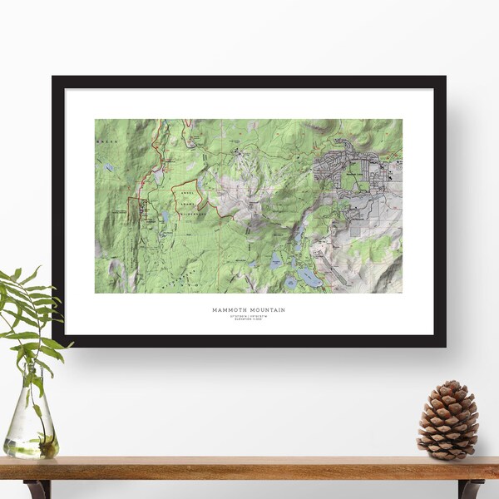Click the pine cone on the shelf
point(448,421)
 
